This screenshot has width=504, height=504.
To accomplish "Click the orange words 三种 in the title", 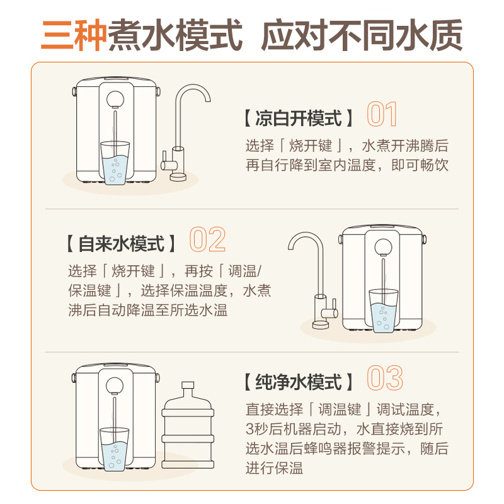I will pos(74,35).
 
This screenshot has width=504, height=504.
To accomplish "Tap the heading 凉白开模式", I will pos(297,118).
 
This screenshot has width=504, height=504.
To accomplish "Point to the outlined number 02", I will pos(207,241).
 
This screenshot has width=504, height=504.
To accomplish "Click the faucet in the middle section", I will pos(316,277).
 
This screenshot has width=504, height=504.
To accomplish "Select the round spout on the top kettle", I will pos(115,100).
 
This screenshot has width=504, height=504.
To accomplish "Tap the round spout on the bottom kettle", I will pos(115,385).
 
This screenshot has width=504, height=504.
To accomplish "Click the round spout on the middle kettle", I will pos(382,247).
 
